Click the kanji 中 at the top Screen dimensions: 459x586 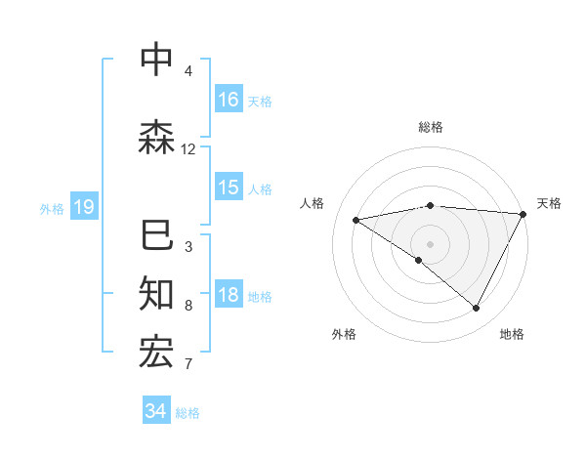[x=156, y=60]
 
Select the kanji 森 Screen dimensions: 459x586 [x=156, y=136]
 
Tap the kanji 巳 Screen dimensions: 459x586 [x=156, y=236]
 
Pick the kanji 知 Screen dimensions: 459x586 [x=156, y=292]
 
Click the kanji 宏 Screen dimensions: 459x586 [x=156, y=352]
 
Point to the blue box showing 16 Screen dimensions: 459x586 [x=229, y=99]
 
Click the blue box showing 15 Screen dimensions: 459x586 [x=229, y=188]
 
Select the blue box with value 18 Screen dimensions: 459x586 [x=229, y=295]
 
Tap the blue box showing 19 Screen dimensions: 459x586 [x=83, y=206]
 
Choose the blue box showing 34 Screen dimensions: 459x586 [x=155, y=411]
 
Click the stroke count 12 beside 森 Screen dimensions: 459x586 [x=188, y=149]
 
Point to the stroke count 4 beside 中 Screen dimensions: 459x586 [x=188, y=71]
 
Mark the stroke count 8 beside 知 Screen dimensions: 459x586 [x=188, y=306]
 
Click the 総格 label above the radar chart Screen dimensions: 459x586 [x=430, y=127]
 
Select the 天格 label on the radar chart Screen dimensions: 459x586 [x=549, y=203]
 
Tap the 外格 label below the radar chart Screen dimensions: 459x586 [x=344, y=334]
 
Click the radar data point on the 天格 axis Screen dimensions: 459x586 [x=523, y=214]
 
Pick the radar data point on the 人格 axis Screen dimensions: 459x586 [x=356, y=220]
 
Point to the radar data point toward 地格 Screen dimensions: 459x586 [x=477, y=308]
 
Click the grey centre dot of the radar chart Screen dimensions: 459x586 [x=430, y=243]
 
